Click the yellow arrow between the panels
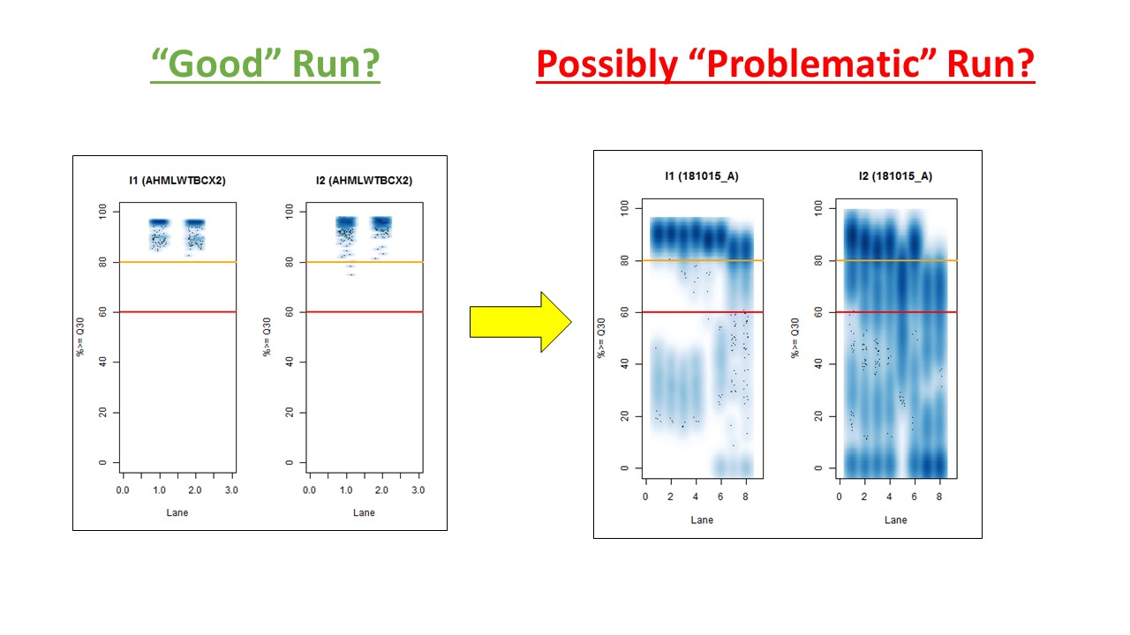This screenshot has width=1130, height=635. click(521, 322)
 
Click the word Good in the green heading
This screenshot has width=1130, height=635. click(215, 63)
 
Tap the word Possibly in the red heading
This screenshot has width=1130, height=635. click(606, 65)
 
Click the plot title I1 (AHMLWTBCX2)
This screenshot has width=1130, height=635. click(177, 181)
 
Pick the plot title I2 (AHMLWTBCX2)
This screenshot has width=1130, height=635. click(365, 181)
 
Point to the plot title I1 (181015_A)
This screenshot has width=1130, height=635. click(702, 176)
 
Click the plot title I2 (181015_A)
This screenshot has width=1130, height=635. click(895, 176)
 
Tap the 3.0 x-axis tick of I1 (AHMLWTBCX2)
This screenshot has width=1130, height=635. click(231, 489)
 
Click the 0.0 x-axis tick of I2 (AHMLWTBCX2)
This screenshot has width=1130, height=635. click(309, 489)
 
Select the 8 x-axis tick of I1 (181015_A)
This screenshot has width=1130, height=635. click(746, 497)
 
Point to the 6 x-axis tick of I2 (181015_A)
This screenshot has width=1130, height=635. click(914, 497)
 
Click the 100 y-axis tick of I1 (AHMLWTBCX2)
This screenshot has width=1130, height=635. click(102, 211)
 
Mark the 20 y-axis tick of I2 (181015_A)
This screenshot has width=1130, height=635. click(818, 415)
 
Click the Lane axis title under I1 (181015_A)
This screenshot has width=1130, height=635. click(702, 519)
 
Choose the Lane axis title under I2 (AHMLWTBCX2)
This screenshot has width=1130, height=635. click(364, 512)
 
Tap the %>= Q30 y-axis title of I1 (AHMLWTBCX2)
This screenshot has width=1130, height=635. click(80, 337)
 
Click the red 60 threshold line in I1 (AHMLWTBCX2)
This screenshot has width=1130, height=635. click(177, 312)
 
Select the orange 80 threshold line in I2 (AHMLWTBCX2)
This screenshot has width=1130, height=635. click(365, 262)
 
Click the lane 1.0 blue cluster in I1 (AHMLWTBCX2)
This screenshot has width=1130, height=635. click(160, 235)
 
